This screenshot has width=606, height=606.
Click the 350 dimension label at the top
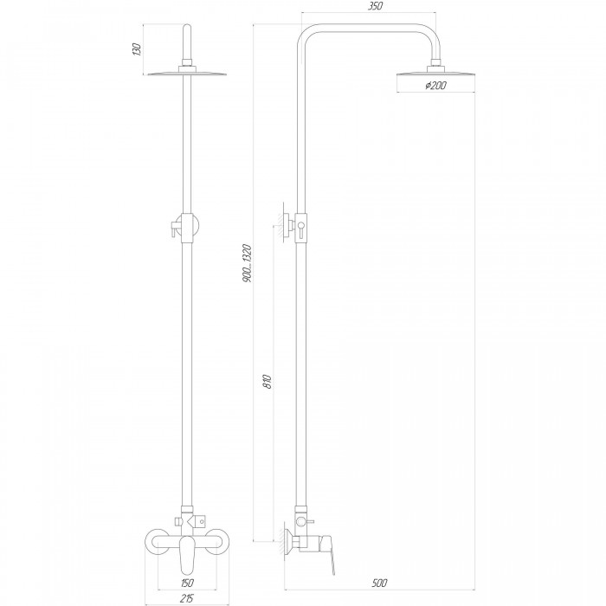point(375,6)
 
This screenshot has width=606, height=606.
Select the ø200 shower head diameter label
point(435,85)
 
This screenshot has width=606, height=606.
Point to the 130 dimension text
point(137,49)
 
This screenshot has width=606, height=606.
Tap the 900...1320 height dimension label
point(247,263)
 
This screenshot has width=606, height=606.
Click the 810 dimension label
point(268,382)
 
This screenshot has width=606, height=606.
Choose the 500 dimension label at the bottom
point(379,583)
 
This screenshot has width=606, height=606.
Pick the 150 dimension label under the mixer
point(187,583)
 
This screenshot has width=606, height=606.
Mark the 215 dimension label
point(187,598)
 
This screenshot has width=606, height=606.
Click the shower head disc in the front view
point(187,73)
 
